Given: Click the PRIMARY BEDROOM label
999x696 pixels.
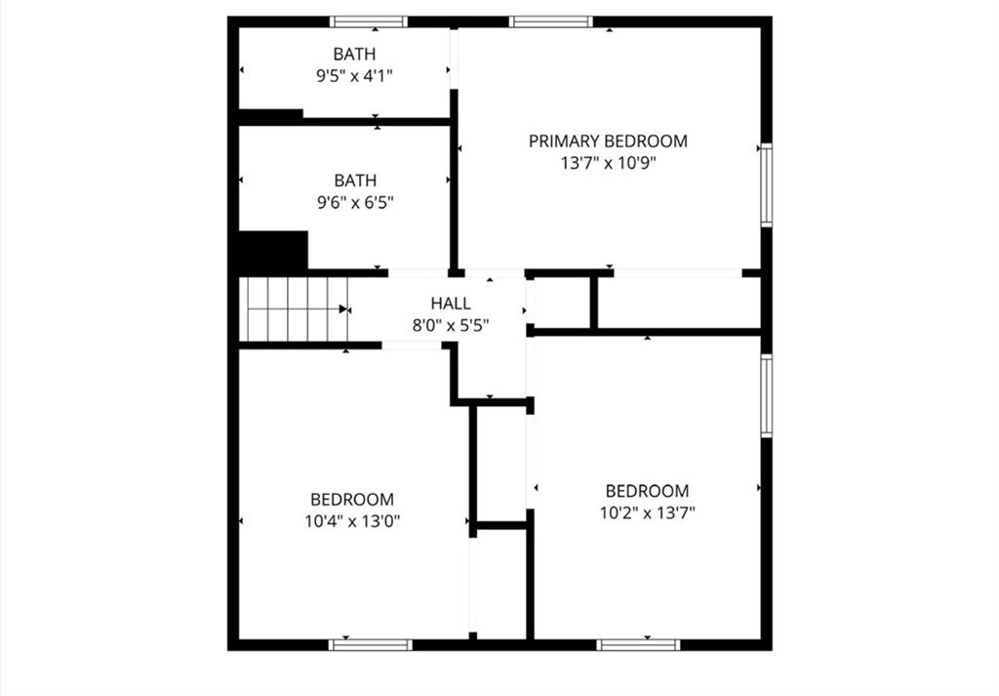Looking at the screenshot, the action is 608,141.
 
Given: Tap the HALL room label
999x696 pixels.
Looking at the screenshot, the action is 451,304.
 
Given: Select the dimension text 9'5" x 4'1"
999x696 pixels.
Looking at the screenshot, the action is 354,76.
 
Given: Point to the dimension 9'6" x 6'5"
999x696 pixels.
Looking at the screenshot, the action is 355,203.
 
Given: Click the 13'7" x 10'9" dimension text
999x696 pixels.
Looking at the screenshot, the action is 608,163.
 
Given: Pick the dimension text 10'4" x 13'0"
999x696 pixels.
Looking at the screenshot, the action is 352,521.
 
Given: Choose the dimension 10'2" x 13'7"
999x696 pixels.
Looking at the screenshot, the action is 648,513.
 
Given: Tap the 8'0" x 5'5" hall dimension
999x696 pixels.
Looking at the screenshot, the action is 451,326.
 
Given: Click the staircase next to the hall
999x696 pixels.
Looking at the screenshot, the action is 294,309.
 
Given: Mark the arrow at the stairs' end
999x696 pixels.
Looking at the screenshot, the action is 344,309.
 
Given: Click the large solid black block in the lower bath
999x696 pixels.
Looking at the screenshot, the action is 273,251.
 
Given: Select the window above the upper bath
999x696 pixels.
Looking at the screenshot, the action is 369,21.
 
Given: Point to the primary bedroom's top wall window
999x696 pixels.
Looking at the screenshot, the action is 551,21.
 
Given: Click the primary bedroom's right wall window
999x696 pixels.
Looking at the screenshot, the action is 767,184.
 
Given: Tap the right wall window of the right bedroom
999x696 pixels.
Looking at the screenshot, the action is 767,395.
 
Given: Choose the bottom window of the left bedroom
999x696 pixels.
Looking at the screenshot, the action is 371,645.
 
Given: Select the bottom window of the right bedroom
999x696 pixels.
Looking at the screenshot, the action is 638,645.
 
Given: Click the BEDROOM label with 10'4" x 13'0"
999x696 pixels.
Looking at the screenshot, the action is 352,499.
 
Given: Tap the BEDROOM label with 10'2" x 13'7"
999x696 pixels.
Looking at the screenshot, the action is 648,491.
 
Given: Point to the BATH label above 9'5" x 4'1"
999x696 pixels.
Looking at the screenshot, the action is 354,54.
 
